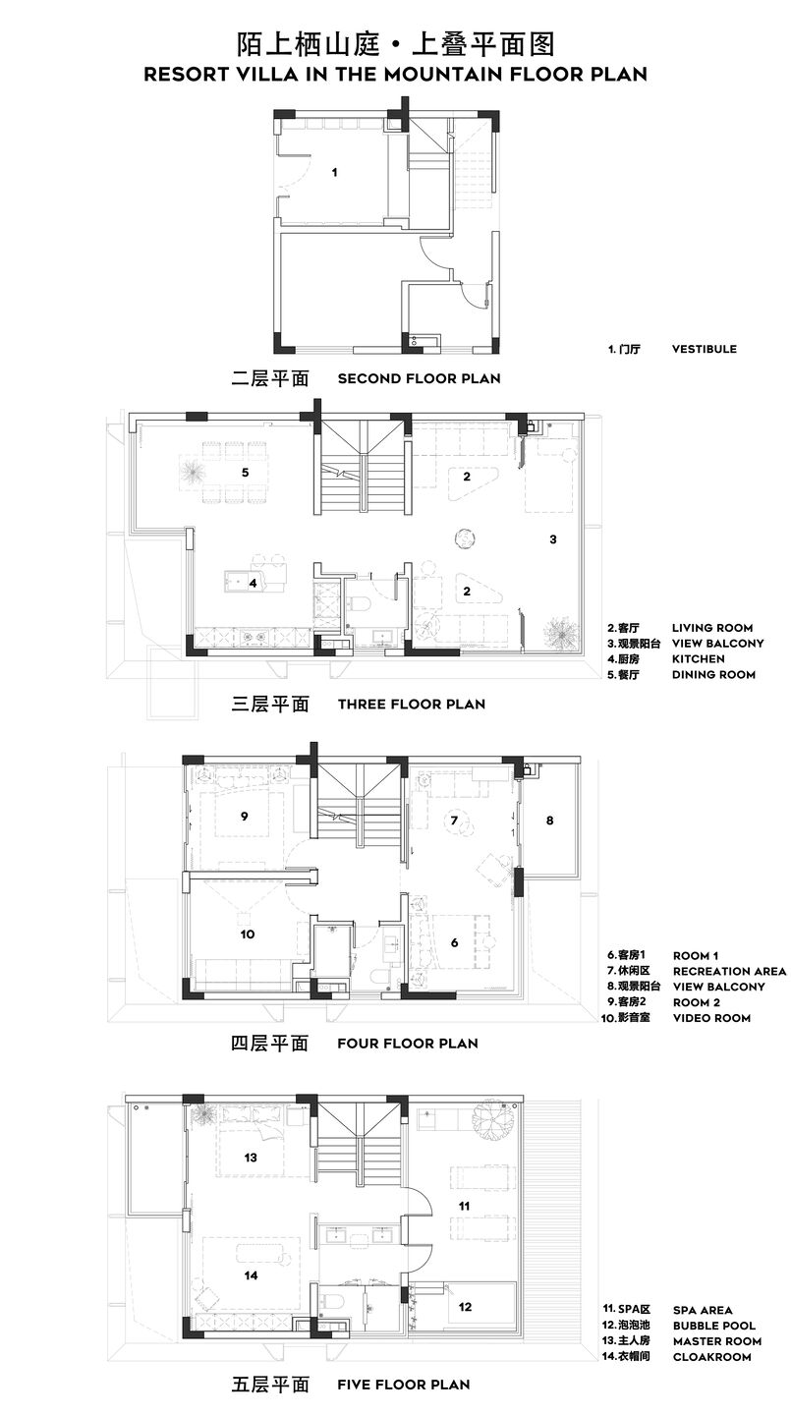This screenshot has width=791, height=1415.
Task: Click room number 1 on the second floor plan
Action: coord(335,172)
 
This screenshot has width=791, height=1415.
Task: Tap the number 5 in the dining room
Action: coord(245,472)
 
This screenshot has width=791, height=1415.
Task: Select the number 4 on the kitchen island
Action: coord(253,583)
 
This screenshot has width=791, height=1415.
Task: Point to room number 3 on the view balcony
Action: coord(553,538)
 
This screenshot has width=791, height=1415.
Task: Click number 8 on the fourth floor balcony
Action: coord(549,820)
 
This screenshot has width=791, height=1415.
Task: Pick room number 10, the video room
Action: coord(247,934)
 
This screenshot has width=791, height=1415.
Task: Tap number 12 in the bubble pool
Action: coord(465,1306)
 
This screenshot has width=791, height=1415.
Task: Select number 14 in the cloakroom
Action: coord(251,1274)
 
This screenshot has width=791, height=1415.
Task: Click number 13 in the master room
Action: coord(251,1158)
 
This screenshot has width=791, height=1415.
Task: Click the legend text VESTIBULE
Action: coord(704,349)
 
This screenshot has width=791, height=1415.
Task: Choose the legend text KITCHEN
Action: coord(698,658)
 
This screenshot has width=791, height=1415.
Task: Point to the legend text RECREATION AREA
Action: coord(730,971)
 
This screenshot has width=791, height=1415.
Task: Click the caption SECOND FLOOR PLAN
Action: coord(419,378)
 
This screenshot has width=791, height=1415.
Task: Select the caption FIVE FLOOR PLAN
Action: coord(404,1385)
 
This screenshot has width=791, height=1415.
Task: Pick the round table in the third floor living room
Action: coord(465,539)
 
